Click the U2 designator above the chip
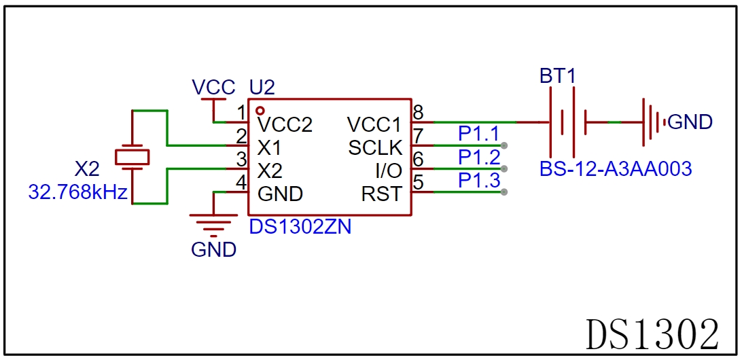tap(262, 88)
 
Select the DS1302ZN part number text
tap(300, 227)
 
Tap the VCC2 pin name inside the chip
tap(285, 125)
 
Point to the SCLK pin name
tap(375, 148)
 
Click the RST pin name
tap(382, 194)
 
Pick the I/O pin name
tap(389, 170)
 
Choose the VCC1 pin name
tap(374, 125)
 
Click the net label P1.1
tap(479, 134)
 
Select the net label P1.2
tap(479, 157)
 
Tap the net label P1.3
tap(479, 180)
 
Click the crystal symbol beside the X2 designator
tap(132, 157)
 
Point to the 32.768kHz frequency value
tap(78, 192)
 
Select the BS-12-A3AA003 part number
tap(616, 168)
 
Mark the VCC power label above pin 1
tap(213, 88)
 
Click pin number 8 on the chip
tap(419, 113)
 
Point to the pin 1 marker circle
tap(260, 111)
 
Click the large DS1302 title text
tap(652, 334)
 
